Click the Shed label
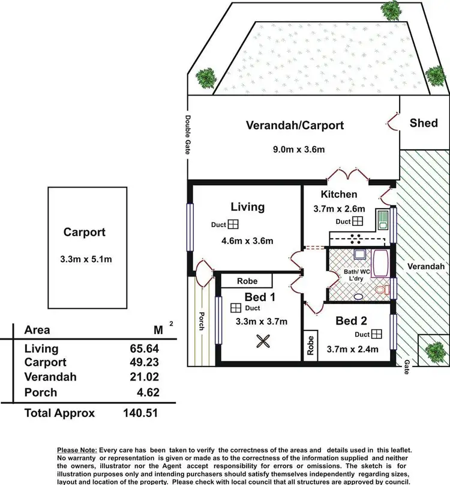424,123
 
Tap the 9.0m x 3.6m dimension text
295,150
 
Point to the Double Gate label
187,136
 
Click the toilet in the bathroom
380,291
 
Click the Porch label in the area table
41,392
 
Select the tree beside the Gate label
434,350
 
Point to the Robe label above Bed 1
230,281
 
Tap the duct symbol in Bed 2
377,334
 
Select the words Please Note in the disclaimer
80,450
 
